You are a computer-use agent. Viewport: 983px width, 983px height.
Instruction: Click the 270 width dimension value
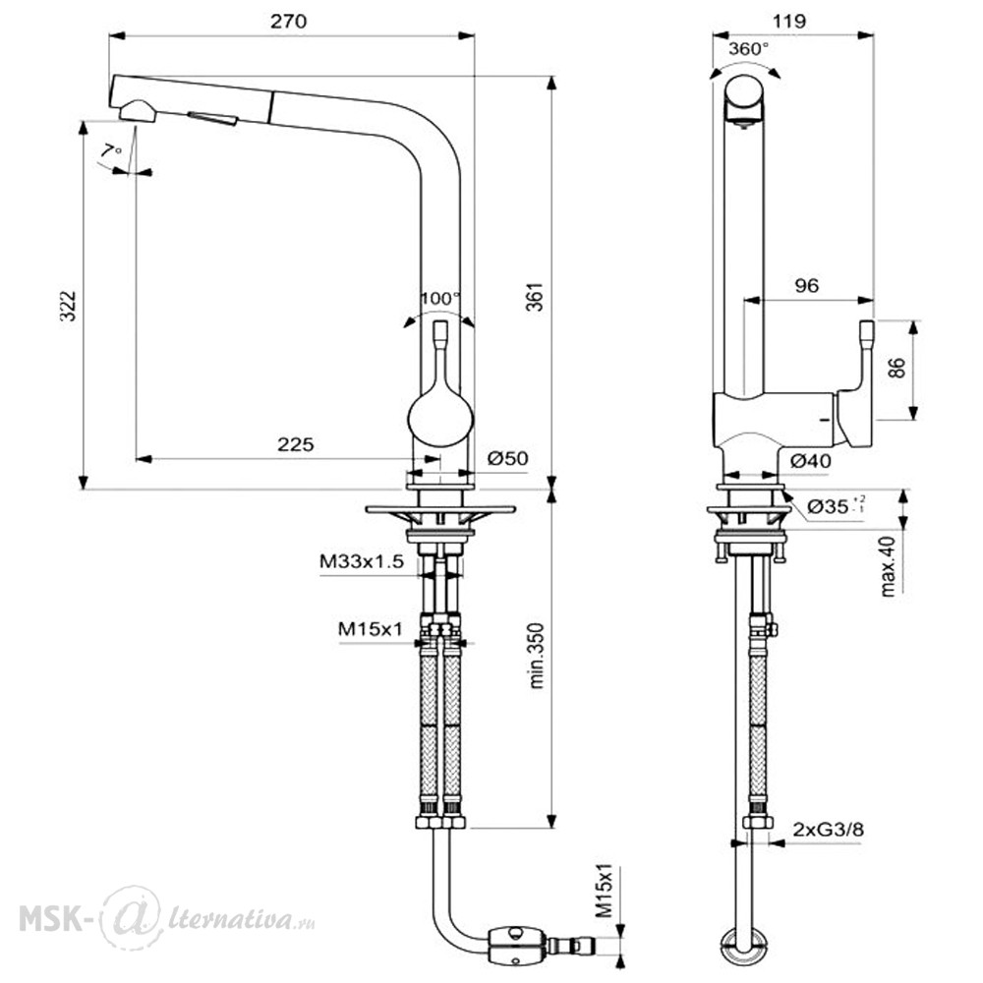[288, 22]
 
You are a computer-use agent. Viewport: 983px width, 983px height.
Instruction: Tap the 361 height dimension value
[535, 298]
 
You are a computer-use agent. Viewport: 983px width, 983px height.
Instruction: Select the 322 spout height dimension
[69, 306]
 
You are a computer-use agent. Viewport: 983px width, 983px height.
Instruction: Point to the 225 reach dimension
[295, 444]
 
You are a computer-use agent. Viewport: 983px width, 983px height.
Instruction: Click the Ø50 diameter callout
[508, 458]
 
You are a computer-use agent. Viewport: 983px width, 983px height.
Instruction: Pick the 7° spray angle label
[112, 151]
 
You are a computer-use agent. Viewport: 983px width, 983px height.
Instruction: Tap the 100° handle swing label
[440, 299]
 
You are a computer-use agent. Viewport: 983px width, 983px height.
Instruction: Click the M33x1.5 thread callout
[362, 561]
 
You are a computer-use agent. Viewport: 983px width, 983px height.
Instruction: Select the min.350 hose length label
[537, 656]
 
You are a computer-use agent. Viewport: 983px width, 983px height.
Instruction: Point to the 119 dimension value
[788, 22]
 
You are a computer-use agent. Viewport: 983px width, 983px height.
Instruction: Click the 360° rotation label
[748, 49]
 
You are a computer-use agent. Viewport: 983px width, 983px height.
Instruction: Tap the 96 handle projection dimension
[807, 285]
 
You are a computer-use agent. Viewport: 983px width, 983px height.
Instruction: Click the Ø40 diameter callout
[811, 461]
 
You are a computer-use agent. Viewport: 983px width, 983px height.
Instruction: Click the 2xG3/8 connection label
[828, 830]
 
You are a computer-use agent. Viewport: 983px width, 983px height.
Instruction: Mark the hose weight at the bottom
[519, 944]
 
